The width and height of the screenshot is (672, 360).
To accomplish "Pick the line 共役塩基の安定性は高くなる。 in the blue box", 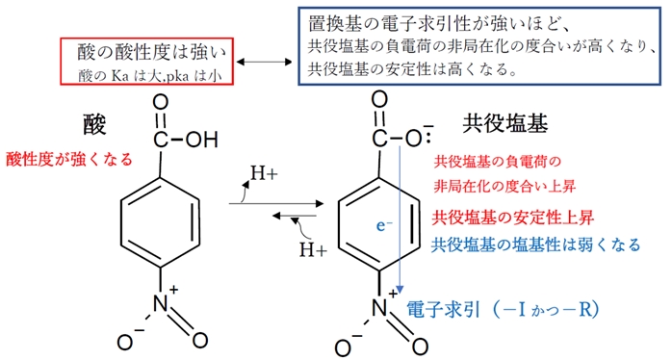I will pyautogui.click(x=414, y=70).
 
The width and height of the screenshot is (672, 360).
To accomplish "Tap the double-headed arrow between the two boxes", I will pyautogui.click(x=263, y=62).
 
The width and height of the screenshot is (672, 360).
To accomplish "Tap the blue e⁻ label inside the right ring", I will pyautogui.click(x=382, y=227).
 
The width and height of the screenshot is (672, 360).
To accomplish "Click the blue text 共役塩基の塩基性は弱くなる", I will pyautogui.click(x=536, y=244).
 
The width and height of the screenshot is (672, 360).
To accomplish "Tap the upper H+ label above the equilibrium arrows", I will pyautogui.click(x=263, y=175).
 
